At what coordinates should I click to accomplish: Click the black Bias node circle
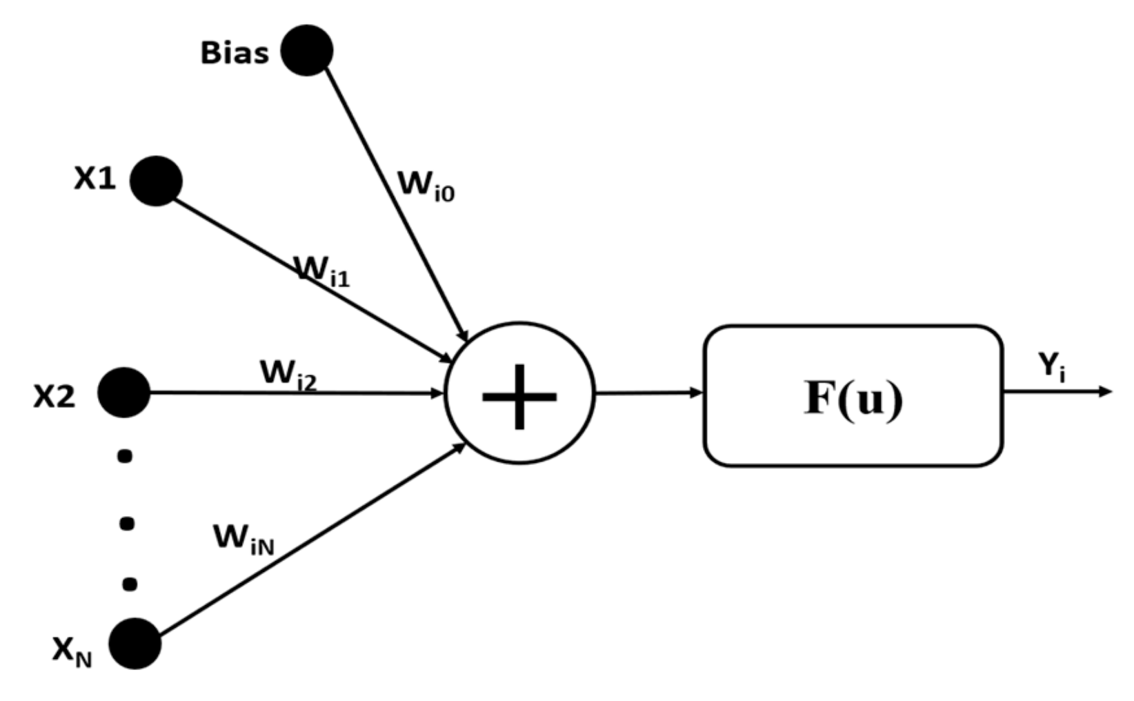pos(307,50)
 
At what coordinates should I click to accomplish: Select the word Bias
pos(235,53)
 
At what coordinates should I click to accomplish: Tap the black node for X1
pos(156,181)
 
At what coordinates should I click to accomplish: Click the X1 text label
pos(95,179)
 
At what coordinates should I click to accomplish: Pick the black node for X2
pos(124,393)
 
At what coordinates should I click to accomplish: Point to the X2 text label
pos(54,397)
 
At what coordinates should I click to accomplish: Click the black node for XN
pos(135,643)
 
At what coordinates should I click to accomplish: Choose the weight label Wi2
pos(288,375)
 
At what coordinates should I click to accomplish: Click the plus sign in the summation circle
pos(519,396)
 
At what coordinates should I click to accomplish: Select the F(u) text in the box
pos(853,398)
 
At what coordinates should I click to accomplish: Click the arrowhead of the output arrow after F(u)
pos(1106,392)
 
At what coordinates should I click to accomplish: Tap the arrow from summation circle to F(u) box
pos(648,393)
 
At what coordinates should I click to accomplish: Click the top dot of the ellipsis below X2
pos(125,456)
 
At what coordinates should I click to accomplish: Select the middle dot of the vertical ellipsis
pos(127,523)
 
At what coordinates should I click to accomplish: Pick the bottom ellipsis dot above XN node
pos(129,584)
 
